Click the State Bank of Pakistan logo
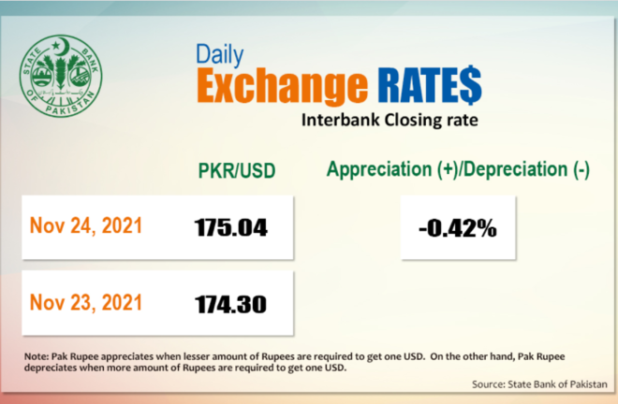[61, 76]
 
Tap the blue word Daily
[220, 55]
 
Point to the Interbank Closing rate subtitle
[390, 120]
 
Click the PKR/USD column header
[237, 171]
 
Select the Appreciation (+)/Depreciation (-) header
[458, 169]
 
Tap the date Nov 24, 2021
[85, 226]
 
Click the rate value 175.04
[231, 227]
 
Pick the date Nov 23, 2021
[85, 303]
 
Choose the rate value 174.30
[230, 304]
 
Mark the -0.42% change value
[458, 228]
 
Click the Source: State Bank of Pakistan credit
[539, 384]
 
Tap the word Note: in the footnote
[37, 356]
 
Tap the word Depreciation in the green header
[519, 169]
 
